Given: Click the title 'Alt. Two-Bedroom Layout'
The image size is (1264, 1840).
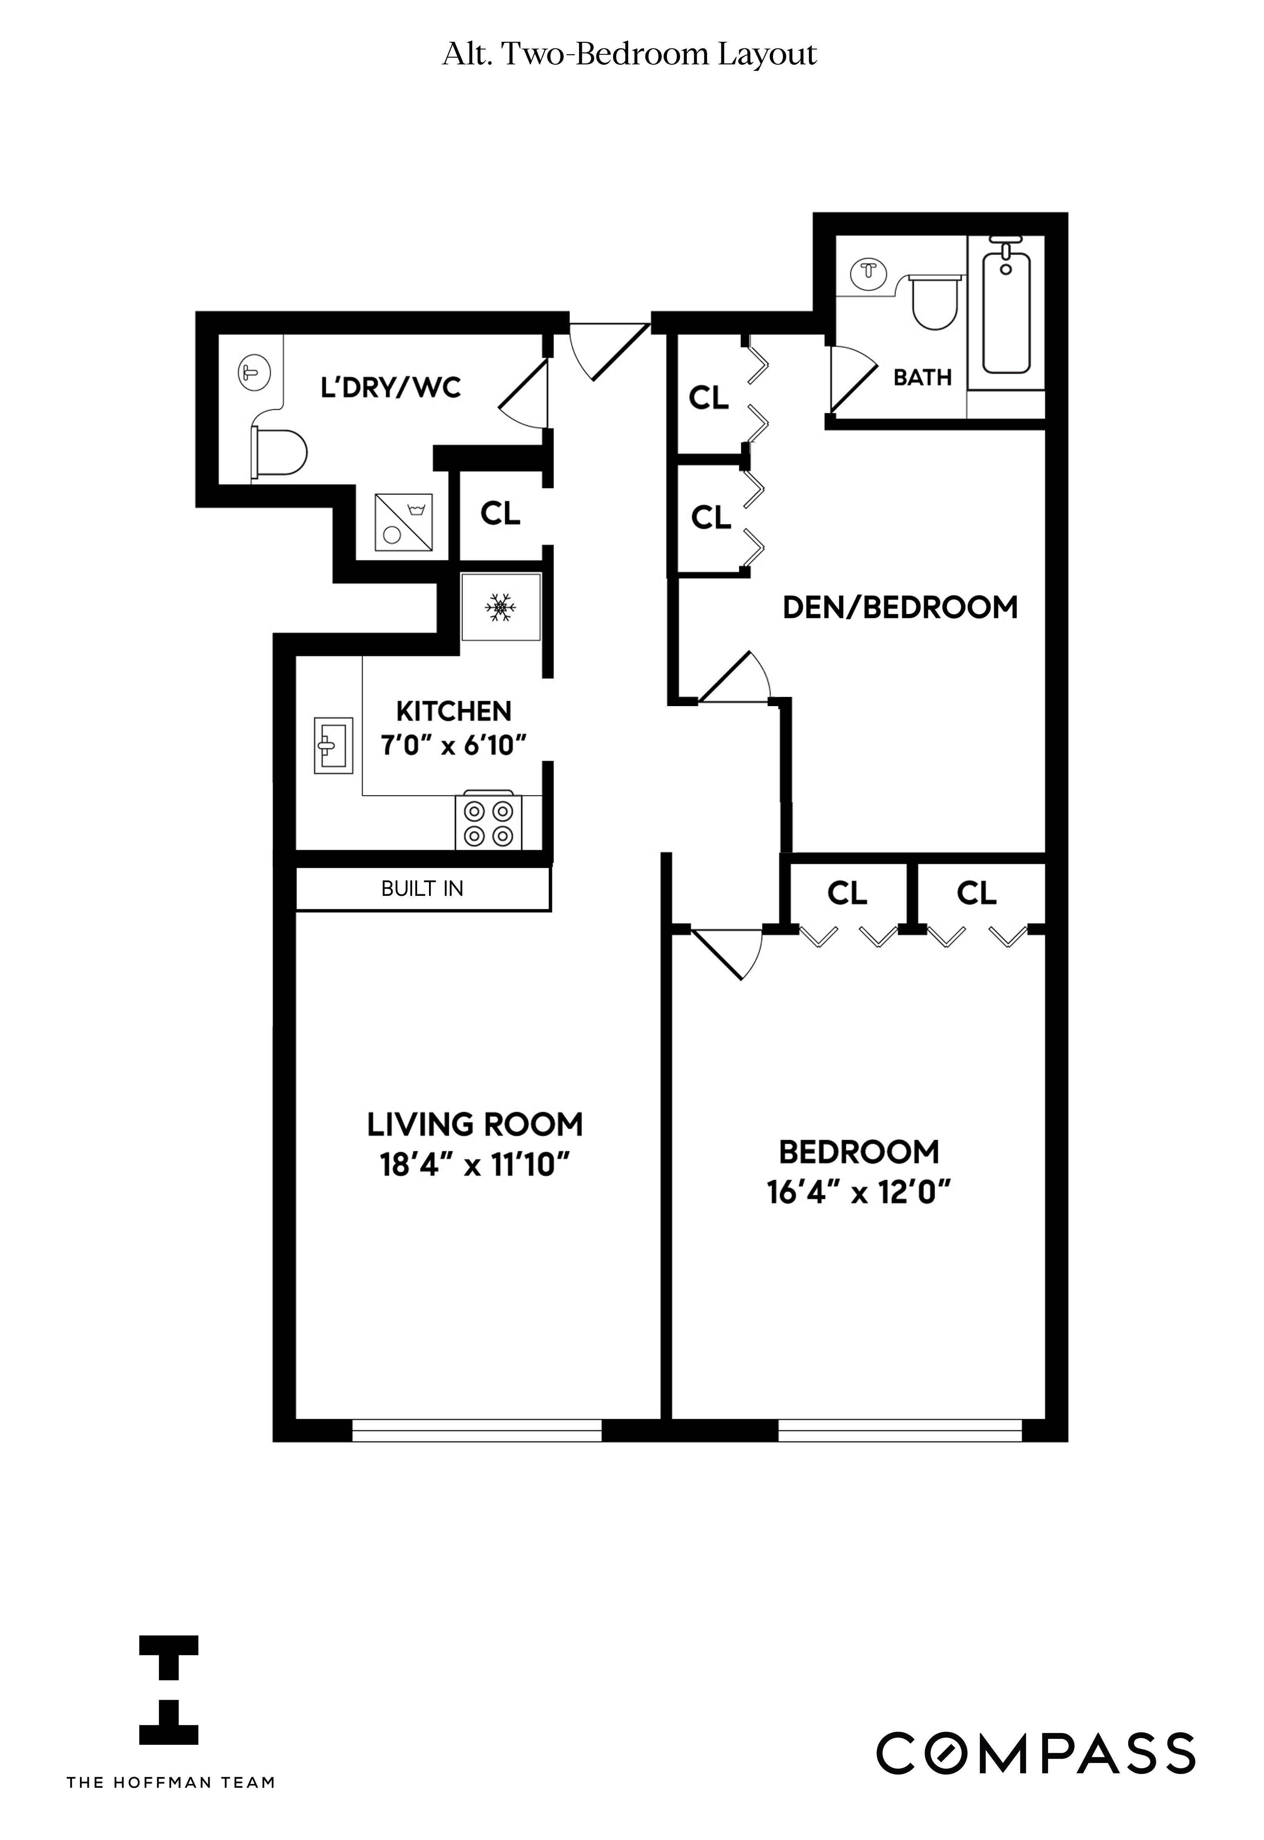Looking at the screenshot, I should (x=630, y=55).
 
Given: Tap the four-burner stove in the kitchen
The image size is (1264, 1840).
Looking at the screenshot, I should (x=489, y=823).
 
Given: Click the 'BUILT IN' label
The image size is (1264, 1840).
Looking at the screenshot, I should (x=422, y=889).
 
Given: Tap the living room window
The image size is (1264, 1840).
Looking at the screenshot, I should (x=477, y=1429).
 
